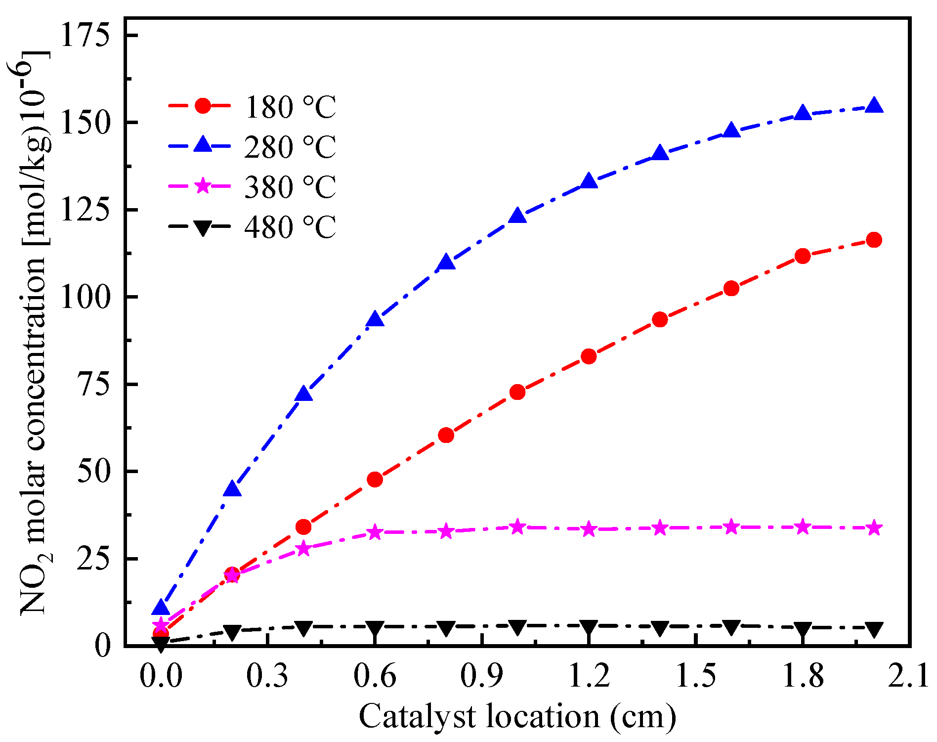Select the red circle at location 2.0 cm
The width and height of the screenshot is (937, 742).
point(874,240)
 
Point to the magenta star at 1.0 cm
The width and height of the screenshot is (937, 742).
point(517,527)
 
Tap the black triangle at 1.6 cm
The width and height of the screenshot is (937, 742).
point(731,627)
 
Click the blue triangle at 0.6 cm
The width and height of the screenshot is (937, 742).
point(375,319)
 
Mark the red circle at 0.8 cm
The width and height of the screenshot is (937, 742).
point(446,435)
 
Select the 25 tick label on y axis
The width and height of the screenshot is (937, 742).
point(92,559)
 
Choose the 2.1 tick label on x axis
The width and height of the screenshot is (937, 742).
point(908,676)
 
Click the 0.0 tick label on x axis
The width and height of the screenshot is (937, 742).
point(161,676)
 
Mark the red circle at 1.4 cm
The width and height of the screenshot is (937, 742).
point(660,319)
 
